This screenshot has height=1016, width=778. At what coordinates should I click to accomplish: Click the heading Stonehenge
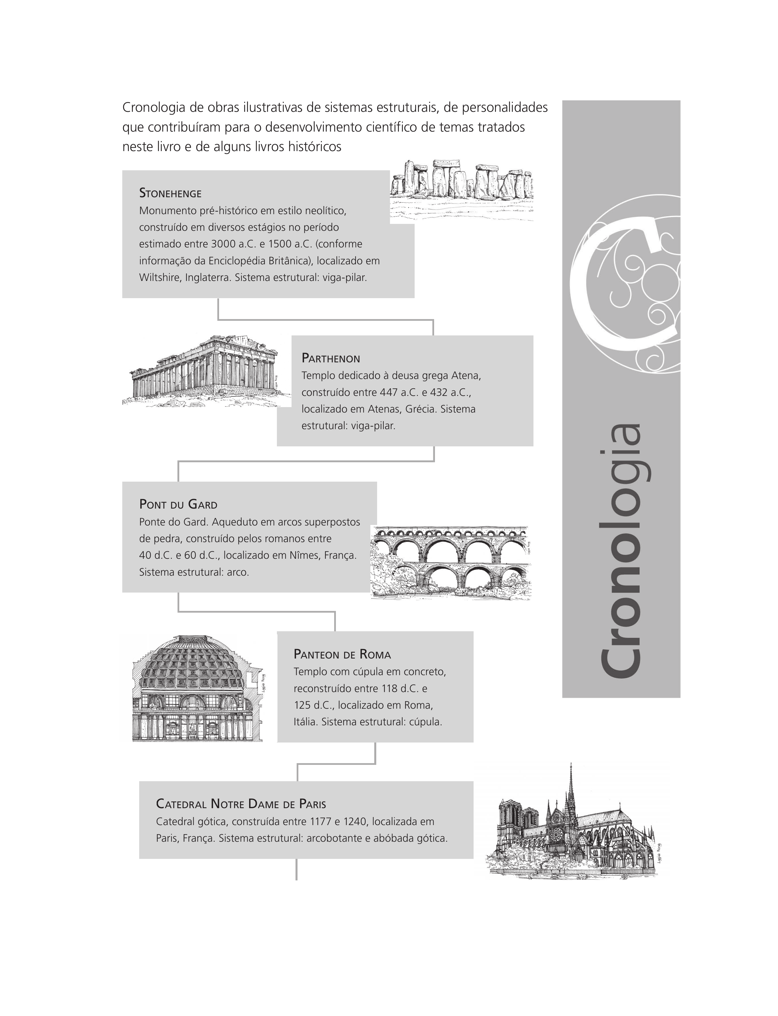(x=170, y=193)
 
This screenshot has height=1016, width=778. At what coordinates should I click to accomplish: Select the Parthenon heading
(x=331, y=358)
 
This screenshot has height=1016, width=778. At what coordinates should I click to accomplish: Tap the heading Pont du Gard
(x=178, y=504)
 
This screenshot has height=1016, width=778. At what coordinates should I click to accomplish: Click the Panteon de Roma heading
(x=342, y=654)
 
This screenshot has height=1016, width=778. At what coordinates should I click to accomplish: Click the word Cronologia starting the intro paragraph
(x=155, y=108)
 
